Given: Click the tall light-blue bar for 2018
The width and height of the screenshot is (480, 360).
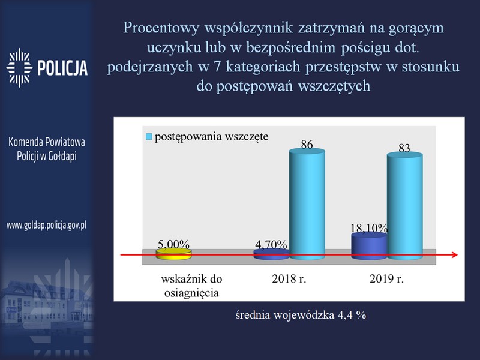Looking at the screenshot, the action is pyautogui.click(x=307, y=204).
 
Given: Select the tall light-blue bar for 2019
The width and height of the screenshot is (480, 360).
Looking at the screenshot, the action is pyautogui.click(x=404, y=206).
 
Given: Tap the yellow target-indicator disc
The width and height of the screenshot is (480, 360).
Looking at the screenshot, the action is pyautogui.click(x=174, y=254).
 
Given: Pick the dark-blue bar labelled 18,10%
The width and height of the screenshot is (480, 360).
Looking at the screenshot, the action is pyautogui.click(x=369, y=246).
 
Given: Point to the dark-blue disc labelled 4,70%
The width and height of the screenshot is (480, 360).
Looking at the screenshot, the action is pyautogui.click(x=272, y=254).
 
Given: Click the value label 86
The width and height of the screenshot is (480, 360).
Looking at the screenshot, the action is pyautogui.click(x=307, y=144).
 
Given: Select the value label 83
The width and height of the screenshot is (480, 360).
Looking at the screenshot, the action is pyautogui.click(x=404, y=148).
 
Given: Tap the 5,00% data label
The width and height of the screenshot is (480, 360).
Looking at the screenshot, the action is pyautogui.click(x=173, y=244).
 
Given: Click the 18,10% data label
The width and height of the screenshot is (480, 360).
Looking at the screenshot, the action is pyautogui.click(x=369, y=228).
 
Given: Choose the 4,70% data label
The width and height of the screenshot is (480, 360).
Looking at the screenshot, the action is pyautogui.click(x=271, y=245).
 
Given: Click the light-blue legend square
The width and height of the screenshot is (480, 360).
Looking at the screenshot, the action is pyautogui.click(x=149, y=137).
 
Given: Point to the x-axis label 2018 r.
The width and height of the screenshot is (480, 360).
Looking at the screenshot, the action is pyautogui.click(x=289, y=279).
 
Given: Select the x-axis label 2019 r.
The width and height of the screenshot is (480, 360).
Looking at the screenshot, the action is pyautogui.click(x=386, y=279).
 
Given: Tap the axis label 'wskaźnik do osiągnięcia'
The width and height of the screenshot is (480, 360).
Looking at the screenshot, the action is pyautogui.click(x=191, y=286).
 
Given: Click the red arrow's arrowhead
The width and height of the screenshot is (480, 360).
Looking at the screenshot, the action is pyautogui.click(x=455, y=254).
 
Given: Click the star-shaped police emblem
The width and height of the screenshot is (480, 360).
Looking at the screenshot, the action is pyautogui.click(x=19, y=68).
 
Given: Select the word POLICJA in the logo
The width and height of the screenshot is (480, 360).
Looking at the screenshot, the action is pyautogui.click(x=62, y=68).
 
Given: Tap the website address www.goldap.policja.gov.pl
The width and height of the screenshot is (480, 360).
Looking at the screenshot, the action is pyautogui.click(x=47, y=226).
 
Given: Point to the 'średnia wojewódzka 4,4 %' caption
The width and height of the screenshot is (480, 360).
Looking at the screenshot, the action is pyautogui.click(x=301, y=315).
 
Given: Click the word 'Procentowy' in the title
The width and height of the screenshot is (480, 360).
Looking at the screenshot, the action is pyautogui.click(x=161, y=28).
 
